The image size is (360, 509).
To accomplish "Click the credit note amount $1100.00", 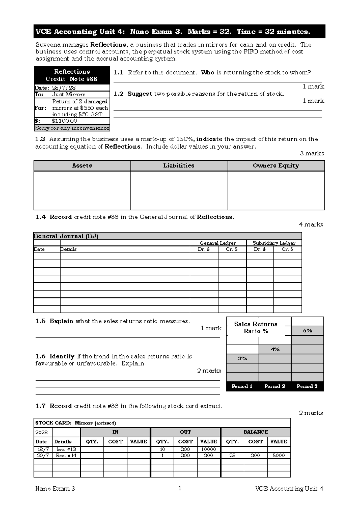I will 65,121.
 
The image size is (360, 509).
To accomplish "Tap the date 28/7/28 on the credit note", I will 64,88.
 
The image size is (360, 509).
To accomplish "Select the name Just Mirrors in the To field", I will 69,94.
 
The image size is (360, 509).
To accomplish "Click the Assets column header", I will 82,166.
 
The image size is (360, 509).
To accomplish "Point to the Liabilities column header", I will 179,166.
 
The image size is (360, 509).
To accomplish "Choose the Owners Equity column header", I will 276,166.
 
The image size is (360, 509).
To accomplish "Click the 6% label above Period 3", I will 307,330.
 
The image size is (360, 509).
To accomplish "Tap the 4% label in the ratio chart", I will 275,349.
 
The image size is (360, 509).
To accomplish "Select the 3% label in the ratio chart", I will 242,358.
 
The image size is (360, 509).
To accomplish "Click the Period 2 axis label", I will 275,386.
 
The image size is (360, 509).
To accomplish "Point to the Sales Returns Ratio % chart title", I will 256,327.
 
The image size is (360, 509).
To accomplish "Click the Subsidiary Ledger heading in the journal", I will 274,243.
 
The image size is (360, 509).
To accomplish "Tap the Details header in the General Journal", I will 68,249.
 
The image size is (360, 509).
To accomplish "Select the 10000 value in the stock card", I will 208,449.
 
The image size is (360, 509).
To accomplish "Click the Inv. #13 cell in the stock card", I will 66,449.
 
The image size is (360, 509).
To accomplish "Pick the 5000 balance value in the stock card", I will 279,455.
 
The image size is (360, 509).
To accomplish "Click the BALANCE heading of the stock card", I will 256,432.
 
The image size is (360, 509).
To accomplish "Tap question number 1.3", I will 40,139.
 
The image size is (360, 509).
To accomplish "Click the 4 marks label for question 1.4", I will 311,224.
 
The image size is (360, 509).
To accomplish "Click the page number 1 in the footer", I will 180,488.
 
